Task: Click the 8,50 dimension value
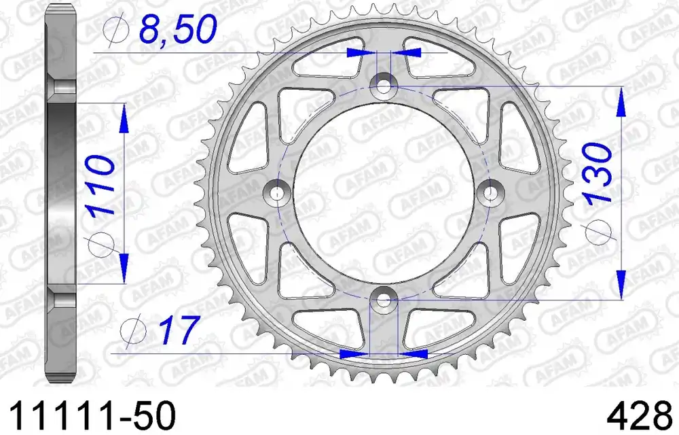pyautogui.click(x=177, y=28)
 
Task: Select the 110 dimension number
pyautogui.click(x=101, y=186)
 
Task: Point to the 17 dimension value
pyautogui.click(x=179, y=330)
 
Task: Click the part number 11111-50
pyautogui.click(x=92, y=415)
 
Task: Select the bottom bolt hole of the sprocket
pyautogui.click(x=384, y=298)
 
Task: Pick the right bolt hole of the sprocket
pyautogui.click(x=490, y=192)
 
